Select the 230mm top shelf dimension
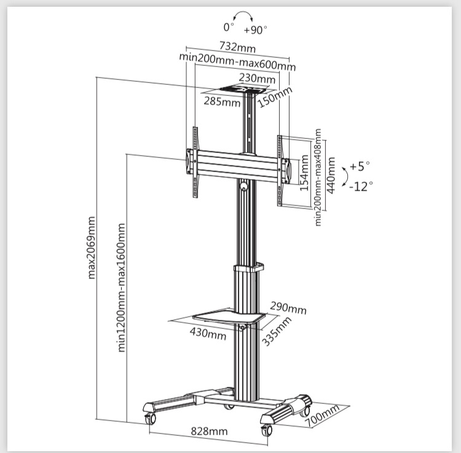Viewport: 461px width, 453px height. point(257,79)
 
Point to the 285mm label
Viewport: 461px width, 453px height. point(222,101)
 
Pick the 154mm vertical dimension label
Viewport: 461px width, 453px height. point(304,173)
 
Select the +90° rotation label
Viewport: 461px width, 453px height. point(255,29)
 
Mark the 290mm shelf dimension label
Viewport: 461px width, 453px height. point(288,308)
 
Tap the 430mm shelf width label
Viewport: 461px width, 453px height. point(208,333)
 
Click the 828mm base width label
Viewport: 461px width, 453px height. point(209,431)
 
